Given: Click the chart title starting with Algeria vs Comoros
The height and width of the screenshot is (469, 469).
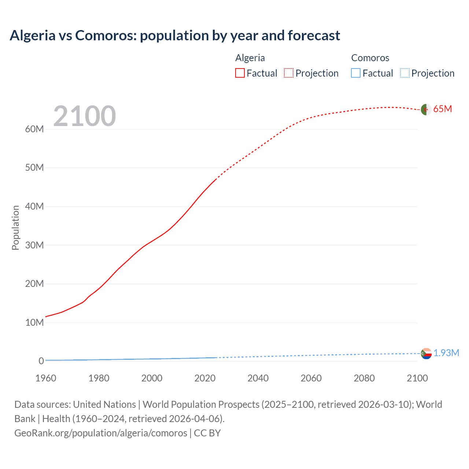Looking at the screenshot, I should (175, 36).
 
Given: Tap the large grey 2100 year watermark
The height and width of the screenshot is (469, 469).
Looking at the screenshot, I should (85, 116).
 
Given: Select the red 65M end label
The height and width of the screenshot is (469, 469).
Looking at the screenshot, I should (442, 109).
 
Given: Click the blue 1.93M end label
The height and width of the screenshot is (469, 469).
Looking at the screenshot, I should (446, 353).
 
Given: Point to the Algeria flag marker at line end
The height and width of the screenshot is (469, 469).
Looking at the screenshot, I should (426, 110).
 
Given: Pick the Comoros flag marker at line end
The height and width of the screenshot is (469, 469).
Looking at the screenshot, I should (426, 354).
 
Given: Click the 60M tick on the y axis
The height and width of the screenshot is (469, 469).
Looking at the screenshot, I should (34, 129).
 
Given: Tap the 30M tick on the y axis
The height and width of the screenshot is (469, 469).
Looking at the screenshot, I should (34, 245).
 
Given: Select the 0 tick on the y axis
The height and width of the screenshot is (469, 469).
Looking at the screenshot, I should (41, 361).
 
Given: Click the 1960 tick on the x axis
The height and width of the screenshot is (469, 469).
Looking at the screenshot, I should (46, 378).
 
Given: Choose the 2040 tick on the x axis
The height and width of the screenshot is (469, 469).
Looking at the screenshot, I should (258, 378).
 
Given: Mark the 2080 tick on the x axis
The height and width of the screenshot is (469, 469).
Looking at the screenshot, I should (364, 378).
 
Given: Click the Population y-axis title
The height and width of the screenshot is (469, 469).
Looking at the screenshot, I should (15, 228).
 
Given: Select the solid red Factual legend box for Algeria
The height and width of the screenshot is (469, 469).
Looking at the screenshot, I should (240, 73).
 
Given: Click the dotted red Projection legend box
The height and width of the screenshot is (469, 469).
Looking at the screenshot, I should (289, 73).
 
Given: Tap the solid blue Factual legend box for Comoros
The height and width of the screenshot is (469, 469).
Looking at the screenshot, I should (356, 73).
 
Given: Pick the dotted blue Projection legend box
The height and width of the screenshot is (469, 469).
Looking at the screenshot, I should (405, 73).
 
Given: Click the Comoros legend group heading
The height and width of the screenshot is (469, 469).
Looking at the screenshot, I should (370, 58).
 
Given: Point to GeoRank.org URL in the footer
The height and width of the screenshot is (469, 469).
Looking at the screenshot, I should (101, 433).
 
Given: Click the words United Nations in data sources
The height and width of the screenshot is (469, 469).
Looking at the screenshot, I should (104, 405).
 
